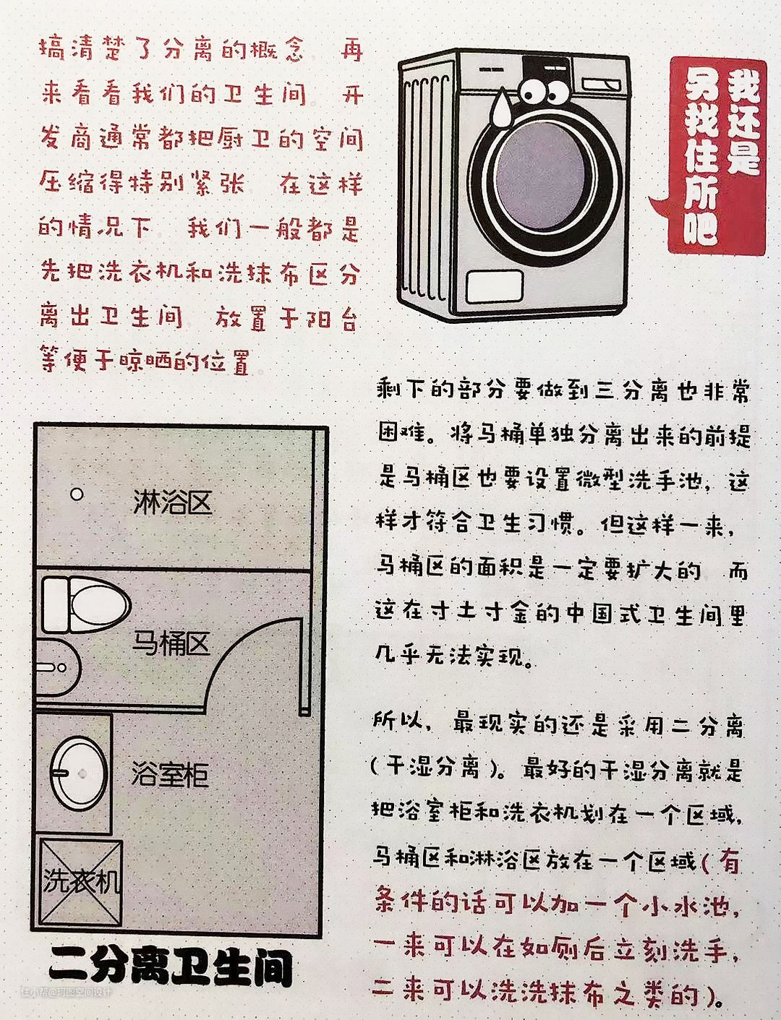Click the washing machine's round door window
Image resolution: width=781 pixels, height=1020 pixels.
540,176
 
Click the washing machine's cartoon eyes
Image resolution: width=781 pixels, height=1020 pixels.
545,91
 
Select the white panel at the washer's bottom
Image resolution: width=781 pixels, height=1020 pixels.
494,286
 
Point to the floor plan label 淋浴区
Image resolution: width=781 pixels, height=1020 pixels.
172,502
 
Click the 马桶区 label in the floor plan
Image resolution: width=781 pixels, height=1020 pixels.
171,643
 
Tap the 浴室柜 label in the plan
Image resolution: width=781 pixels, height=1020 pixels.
170,774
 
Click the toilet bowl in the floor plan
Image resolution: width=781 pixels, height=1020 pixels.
87,604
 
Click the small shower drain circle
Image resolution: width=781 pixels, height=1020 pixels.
77,494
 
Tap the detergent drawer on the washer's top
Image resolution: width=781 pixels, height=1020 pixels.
601,85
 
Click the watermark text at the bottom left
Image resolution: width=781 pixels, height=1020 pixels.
66,992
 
